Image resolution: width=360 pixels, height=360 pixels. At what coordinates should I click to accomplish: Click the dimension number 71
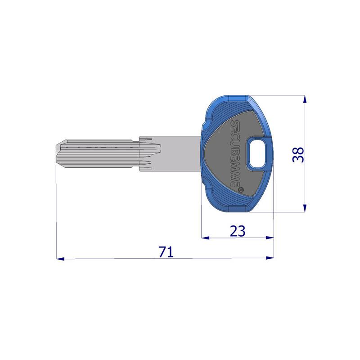tap(166, 252)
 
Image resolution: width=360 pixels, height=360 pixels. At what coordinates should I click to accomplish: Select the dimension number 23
tap(238, 231)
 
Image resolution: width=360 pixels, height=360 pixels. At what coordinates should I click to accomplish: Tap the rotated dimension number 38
tap(298, 155)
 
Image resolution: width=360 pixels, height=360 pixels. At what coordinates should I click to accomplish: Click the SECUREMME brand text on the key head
tap(235, 153)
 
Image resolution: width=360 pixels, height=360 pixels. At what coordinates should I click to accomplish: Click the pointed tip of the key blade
tap(56, 154)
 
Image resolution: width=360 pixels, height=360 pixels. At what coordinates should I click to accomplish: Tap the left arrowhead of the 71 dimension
tap(60, 259)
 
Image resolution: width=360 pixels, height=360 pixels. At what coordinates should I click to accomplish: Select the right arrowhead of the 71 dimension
tap(270, 257)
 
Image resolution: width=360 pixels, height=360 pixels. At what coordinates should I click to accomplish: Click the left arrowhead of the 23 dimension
tap(205, 238)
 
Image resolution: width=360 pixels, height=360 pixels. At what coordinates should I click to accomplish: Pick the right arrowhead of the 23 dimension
tap(270, 238)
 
